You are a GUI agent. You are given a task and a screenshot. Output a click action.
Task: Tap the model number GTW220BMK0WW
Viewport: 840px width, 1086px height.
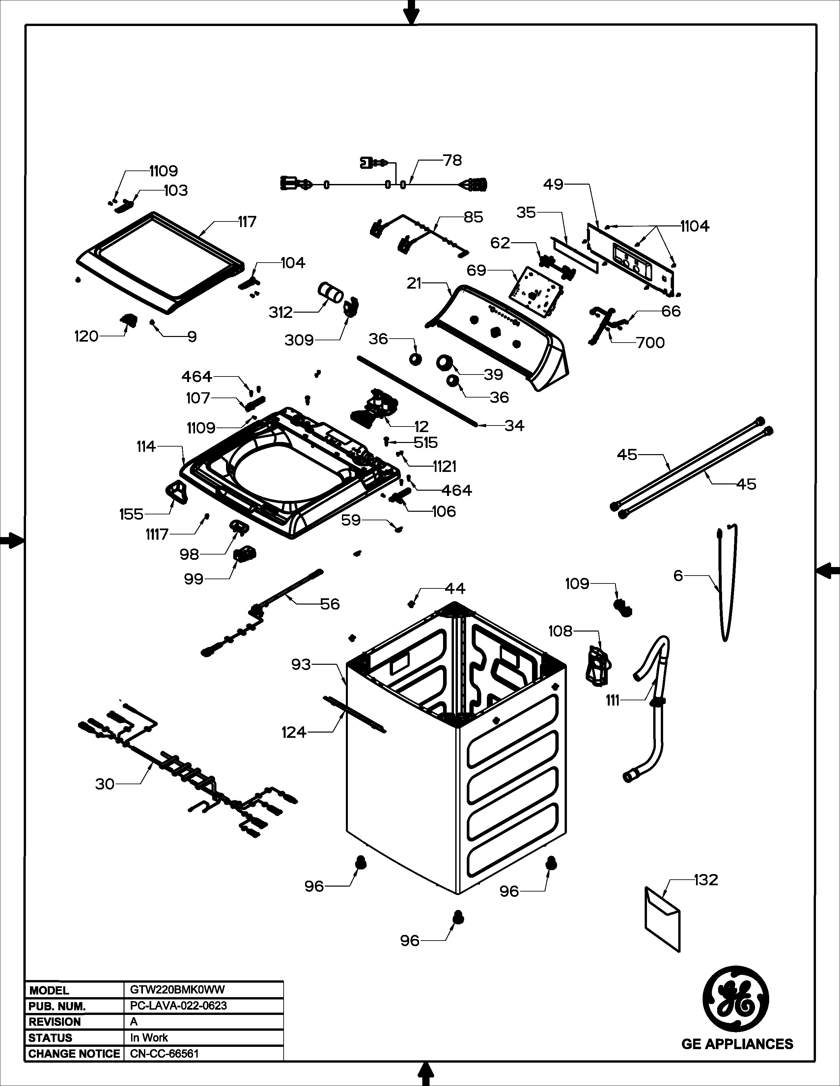177,990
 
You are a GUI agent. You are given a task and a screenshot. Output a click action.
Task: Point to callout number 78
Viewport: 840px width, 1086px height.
452,160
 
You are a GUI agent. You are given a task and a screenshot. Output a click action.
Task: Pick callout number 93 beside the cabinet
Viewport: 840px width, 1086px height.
301,664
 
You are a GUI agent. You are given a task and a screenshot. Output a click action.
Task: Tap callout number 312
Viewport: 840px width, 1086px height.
281,312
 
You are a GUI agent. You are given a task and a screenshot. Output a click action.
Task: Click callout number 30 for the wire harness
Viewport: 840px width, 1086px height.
105,784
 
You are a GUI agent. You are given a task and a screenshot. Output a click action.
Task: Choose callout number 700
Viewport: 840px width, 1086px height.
650,343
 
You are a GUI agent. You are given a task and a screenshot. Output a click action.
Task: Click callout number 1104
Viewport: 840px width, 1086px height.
695,226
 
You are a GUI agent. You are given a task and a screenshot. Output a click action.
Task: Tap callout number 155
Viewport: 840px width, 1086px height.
131,514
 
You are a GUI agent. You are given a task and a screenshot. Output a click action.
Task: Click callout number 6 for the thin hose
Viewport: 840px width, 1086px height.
678,575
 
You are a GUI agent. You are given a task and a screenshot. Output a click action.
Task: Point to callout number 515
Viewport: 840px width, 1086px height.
426,443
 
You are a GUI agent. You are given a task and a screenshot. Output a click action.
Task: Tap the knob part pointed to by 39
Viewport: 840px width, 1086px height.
444,363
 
